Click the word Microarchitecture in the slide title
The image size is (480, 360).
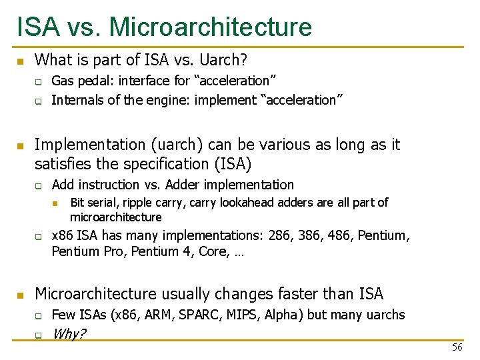click(x=210, y=27)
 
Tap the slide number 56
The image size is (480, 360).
click(x=457, y=347)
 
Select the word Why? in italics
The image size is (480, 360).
click(x=69, y=334)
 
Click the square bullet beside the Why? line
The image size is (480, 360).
click(x=39, y=335)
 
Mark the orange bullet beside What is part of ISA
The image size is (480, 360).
click(x=20, y=61)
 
